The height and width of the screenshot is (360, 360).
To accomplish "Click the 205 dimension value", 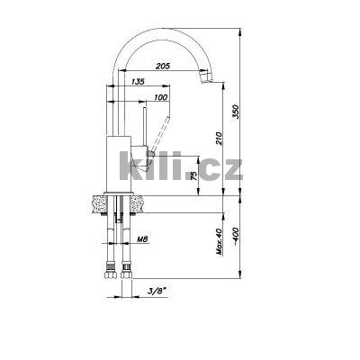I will pos(162,66).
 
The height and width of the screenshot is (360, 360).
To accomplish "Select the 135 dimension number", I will pos(137,82).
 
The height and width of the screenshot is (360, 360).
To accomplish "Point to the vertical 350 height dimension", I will pos(237,112).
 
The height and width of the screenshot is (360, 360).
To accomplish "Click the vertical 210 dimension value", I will pos(220,139).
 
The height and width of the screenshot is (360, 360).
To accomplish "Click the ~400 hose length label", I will pos(237,238).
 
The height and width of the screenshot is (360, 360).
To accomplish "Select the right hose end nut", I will pos(125,268).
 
